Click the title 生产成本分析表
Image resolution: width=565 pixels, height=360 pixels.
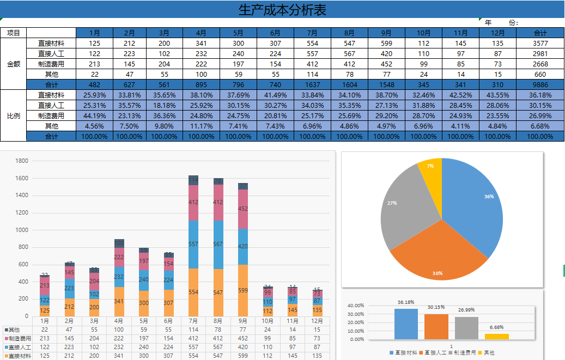click(282, 9)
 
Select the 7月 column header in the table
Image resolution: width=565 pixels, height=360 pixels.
click(312, 33)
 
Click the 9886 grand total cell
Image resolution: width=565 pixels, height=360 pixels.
click(539, 84)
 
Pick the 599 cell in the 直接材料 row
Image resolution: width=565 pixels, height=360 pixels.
click(386, 43)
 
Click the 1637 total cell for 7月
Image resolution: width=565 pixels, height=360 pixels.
click(312, 84)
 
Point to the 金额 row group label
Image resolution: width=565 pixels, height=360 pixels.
click(14, 64)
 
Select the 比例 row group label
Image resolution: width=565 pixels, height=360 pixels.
click(14, 115)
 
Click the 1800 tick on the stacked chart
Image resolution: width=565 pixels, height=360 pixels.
click(22, 161)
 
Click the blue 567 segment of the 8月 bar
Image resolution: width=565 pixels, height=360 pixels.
click(218, 245)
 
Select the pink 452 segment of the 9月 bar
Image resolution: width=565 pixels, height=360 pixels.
click(243, 209)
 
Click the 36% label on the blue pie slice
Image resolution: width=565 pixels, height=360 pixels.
click(489, 196)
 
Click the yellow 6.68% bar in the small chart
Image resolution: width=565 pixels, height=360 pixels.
click(496, 337)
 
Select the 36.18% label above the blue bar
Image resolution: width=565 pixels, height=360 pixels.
click(406, 302)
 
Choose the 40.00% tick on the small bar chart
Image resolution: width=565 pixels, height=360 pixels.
click(356, 306)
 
